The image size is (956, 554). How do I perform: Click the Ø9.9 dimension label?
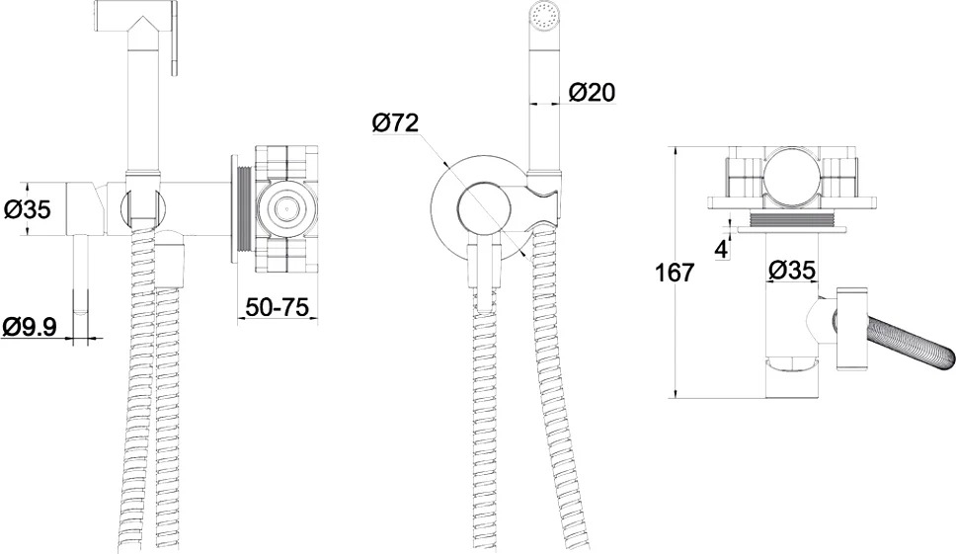pos(30,327)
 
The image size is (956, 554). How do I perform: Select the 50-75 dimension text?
pos(277,306)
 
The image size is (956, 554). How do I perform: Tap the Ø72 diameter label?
pos(395,123)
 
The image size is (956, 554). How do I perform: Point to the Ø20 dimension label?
pos(592,93)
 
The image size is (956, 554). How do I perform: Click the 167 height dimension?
pos(675,273)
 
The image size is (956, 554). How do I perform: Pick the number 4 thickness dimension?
pos(721,249)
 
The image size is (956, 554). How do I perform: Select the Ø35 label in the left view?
pos(28,209)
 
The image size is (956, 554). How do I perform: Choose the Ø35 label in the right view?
pos(791,270)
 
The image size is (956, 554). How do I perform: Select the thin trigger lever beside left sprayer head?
pos(175,38)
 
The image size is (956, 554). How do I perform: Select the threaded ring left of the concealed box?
pos(243,209)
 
